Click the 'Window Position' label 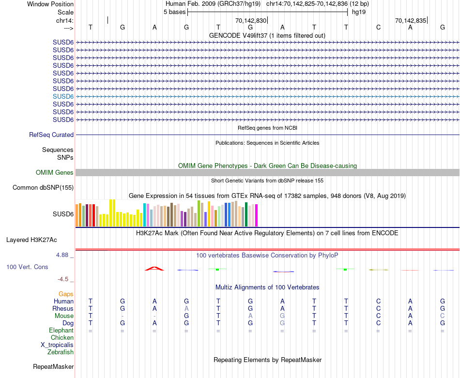tap(50, 4)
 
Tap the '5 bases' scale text tap(174, 12)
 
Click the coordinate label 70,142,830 tap(251, 20)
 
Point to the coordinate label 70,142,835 tap(411, 20)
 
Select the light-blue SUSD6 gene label tap(63, 96)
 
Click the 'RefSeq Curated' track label tap(51, 135)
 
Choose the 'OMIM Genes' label tap(55, 173)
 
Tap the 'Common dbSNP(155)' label tap(43, 188)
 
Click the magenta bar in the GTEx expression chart tap(257, 215)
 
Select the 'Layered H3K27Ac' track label tap(31, 240)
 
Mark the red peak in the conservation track tap(154, 268)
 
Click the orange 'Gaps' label tap(66, 294)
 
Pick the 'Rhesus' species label tap(63, 308)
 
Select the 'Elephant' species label tap(61, 330)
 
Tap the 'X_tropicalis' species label tap(57, 345)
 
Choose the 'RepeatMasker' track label tap(53, 366)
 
